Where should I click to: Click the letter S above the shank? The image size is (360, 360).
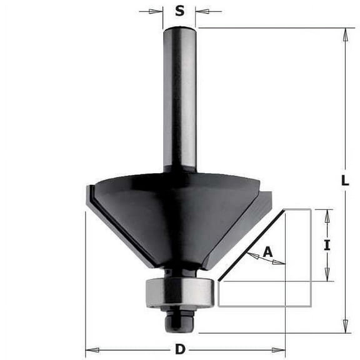(180, 11)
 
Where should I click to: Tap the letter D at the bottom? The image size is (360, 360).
(180, 349)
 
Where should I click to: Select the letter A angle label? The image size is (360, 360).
(267, 251)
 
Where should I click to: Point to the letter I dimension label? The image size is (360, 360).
(326, 245)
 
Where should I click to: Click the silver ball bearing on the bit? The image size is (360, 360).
(181, 292)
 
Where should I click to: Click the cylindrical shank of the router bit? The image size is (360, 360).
(179, 100)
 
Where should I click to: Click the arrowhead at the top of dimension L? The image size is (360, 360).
(345, 34)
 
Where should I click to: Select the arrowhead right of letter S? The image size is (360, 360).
(201, 11)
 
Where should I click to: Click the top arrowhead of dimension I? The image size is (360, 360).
(327, 215)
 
